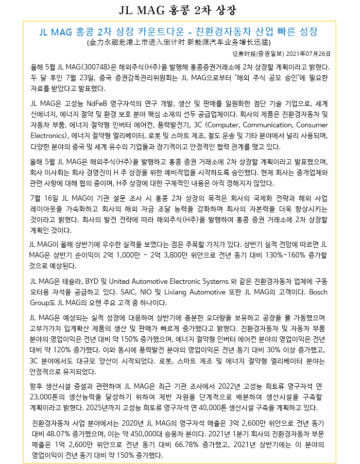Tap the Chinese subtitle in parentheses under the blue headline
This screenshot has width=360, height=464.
[x=178, y=43]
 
